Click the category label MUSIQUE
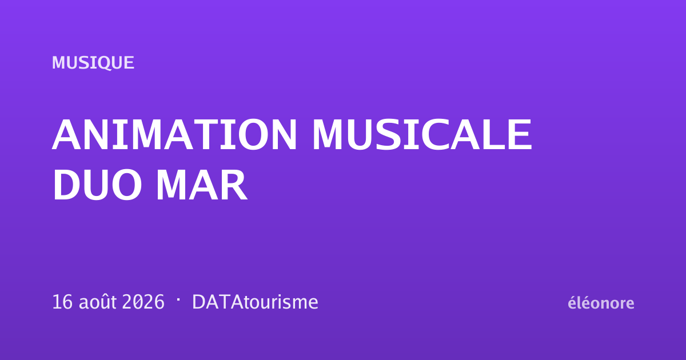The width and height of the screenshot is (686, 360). (93, 63)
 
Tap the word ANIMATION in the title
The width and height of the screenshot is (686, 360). (174, 135)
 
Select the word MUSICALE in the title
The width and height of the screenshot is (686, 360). (422, 135)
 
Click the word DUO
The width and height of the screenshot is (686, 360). (97, 185)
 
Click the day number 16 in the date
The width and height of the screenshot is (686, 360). (62, 302)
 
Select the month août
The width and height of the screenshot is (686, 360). (98, 302)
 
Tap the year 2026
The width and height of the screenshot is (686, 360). (143, 302)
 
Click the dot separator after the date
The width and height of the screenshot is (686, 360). (178, 299)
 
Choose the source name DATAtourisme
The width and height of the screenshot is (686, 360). (255, 302)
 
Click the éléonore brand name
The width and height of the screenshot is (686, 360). (601, 303)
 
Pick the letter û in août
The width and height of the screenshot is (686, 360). (105, 302)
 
